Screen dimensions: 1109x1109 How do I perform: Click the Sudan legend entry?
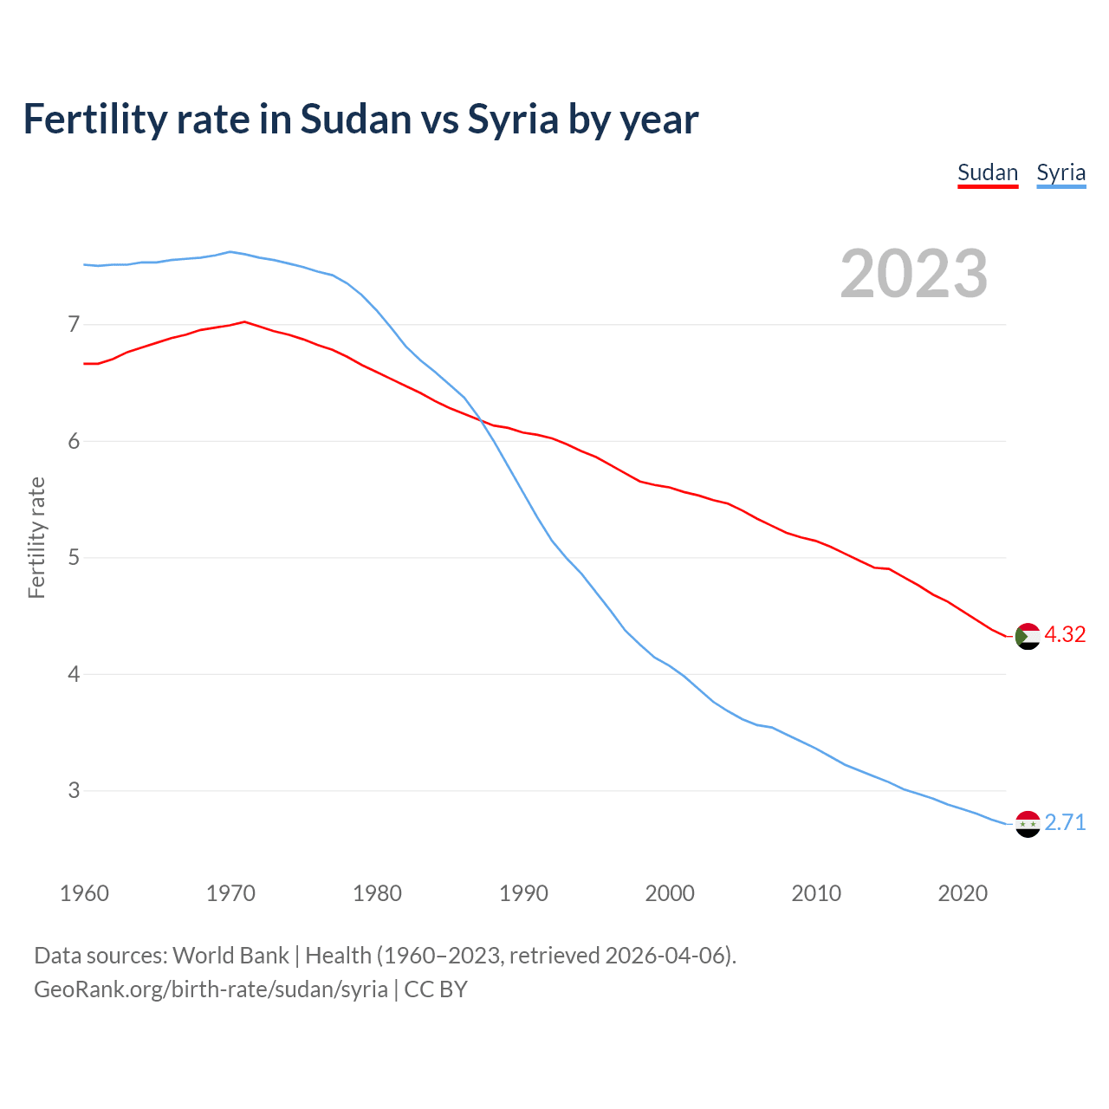point(987,172)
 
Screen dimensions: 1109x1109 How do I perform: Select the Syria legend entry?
point(1060,172)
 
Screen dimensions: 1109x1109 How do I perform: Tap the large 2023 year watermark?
point(913,274)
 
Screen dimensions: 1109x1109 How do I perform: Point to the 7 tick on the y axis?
point(74,325)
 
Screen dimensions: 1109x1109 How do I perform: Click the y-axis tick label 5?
point(74,558)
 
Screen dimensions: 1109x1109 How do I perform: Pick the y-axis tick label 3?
point(74,791)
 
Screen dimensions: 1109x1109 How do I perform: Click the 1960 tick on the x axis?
point(84,893)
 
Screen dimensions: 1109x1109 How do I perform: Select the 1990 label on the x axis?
point(523,893)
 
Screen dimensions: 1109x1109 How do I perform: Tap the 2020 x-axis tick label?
point(963,893)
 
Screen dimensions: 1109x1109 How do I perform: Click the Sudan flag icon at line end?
point(1027,636)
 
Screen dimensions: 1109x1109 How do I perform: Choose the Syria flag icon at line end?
point(1027,824)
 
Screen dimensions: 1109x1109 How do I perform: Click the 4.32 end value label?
point(1065,635)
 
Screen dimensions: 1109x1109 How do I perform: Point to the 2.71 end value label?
point(1065,823)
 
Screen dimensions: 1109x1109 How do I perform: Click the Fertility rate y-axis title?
point(36,537)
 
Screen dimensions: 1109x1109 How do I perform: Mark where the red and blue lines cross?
point(479,421)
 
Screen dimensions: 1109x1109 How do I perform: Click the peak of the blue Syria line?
point(230,252)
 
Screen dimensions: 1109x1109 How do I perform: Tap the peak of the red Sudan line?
point(244,321)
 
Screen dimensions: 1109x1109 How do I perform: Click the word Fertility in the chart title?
point(93,119)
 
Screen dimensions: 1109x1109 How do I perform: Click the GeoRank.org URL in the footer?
point(211,989)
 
